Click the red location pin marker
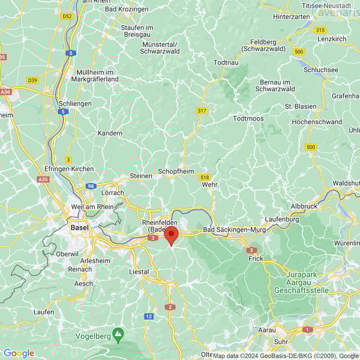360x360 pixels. [172, 235]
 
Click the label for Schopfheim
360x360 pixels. [176, 171]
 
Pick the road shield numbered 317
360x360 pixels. [202, 111]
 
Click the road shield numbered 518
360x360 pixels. [205, 177]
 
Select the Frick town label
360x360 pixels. [256, 259]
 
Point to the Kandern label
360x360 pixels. [110, 133]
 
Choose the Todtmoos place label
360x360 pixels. [248, 118]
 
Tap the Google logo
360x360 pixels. [19, 353]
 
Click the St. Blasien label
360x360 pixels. [300, 106]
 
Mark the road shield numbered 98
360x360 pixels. [91, 187]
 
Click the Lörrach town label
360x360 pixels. [113, 193]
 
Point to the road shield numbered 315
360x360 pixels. [320, 30]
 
